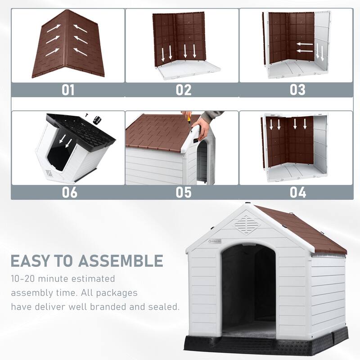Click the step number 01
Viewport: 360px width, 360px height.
click(68, 89)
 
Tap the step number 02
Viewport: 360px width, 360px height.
click(183, 89)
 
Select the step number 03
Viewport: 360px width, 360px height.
click(297, 89)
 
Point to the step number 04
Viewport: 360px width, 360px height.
click(297, 192)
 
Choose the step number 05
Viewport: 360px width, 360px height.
click(183, 192)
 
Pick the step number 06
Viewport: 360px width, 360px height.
click(68, 192)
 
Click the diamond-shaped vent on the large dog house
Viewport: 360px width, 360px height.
click(245, 224)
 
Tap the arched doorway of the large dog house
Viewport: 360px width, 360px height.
click(248, 288)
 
